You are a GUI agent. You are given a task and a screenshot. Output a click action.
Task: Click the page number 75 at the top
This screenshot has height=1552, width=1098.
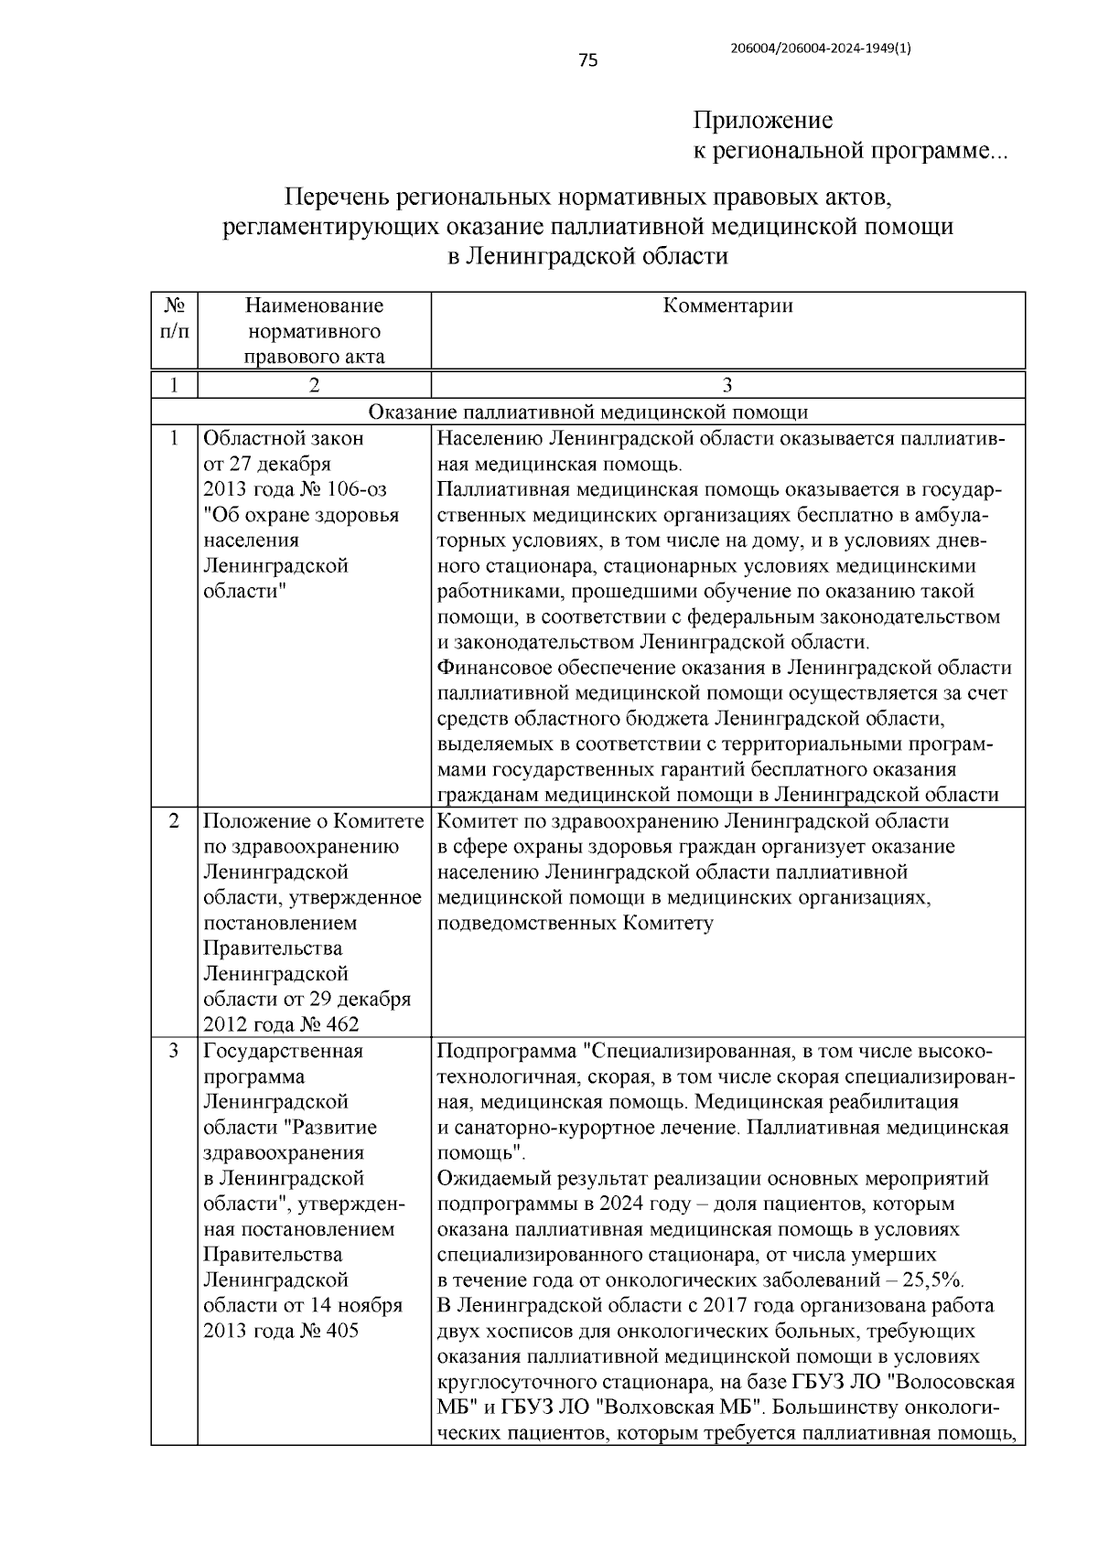click(588, 61)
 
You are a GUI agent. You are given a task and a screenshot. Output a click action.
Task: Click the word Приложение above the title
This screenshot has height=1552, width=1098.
click(762, 121)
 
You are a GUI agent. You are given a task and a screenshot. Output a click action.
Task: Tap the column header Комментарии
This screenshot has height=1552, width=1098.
click(727, 306)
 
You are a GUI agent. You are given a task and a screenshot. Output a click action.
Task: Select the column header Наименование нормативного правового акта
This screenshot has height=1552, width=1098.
click(314, 330)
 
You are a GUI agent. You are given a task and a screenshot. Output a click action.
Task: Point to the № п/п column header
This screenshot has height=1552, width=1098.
click(174, 318)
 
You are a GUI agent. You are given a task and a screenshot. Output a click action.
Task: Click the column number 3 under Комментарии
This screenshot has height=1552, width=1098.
click(727, 385)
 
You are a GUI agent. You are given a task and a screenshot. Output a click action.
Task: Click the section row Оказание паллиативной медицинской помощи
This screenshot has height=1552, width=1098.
click(587, 412)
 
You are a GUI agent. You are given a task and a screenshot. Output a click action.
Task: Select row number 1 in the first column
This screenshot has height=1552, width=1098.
click(174, 438)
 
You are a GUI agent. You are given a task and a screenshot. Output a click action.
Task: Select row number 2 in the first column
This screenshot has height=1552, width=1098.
click(174, 821)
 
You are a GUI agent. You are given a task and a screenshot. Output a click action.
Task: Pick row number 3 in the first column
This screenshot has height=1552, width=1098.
click(174, 1051)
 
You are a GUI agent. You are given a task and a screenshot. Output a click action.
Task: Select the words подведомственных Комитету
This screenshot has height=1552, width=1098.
click(575, 923)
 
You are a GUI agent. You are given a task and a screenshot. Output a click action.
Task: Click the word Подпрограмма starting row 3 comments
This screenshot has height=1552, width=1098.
click(508, 1051)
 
